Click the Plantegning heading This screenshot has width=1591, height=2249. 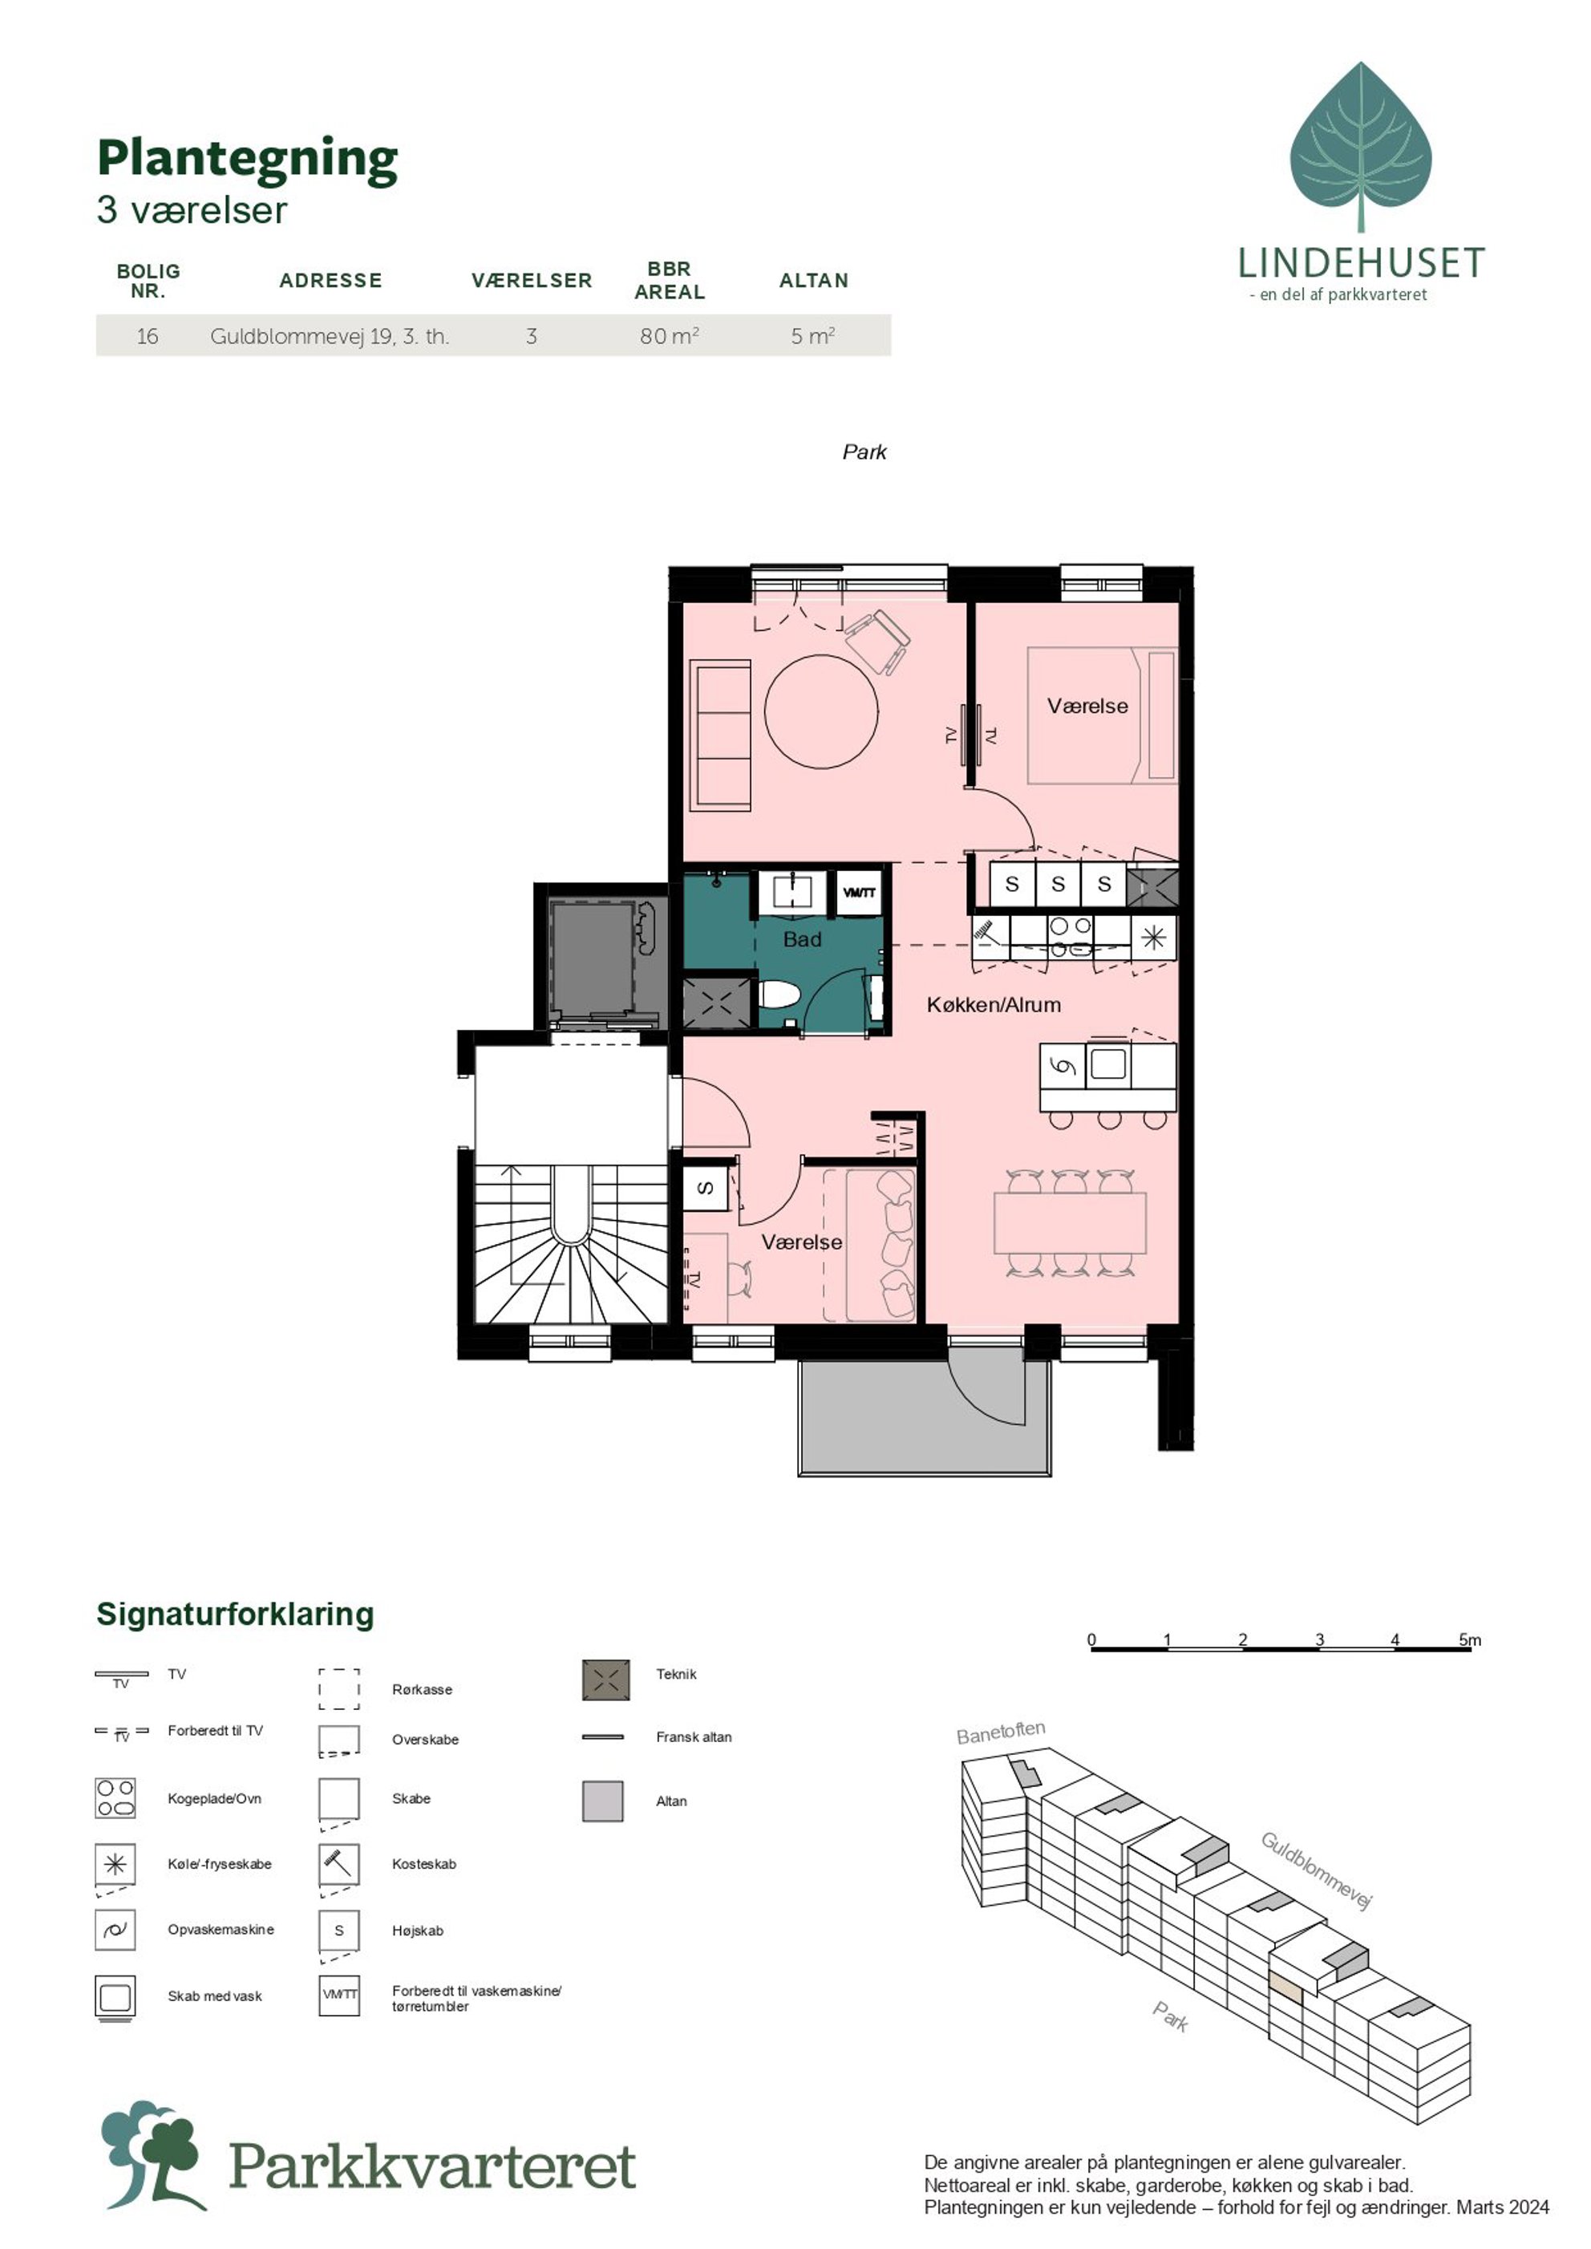coord(247,159)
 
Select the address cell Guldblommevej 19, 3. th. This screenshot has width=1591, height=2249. coord(329,336)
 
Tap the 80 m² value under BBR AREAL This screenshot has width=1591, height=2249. coord(669,336)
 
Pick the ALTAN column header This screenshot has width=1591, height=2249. coord(813,280)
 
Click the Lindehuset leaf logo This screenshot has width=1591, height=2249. coord(1361,147)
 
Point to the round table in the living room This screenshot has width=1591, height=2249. coord(821,711)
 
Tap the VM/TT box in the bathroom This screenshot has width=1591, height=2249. coord(859,893)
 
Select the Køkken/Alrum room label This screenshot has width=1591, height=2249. coord(994,1004)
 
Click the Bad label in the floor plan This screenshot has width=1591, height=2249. coord(801,938)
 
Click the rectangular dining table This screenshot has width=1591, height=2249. coord(1070,1222)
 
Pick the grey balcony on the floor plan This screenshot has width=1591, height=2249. coord(924,1416)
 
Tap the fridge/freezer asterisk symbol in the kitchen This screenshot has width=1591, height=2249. coord(1153,938)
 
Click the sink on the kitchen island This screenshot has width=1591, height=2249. coord(1108,1064)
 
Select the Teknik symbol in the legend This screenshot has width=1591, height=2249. coord(605,1680)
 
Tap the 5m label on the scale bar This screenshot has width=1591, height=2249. coord(1470,1639)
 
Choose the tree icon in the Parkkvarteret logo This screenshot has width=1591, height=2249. coord(152,2154)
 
